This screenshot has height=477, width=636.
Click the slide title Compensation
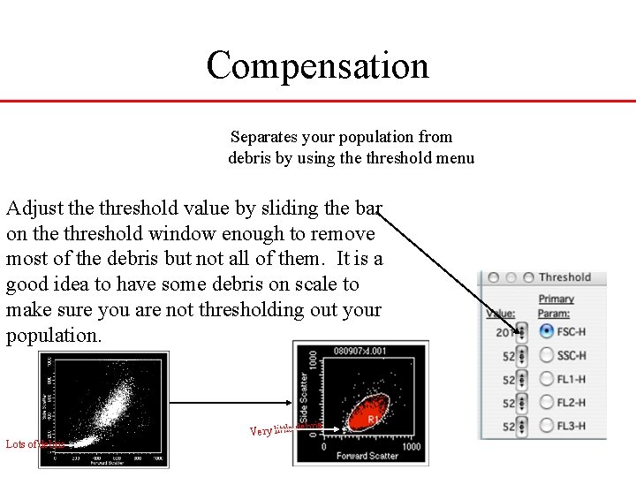click(x=317, y=65)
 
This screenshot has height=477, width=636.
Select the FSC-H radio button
click(x=547, y=332)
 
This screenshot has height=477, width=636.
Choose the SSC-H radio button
click(x=547, y=356)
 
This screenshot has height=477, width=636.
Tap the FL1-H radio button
click(x=547, y=380)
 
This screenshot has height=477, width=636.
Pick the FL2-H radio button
click(x=547, y=403)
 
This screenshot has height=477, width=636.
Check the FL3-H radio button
click(x=547, y=427)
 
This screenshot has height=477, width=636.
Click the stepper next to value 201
click(x=521, y=332)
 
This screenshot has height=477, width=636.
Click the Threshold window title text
click(x=564, y=277)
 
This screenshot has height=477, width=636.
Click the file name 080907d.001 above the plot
click(x=360, y=350)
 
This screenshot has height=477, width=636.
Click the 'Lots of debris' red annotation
click(x=34, y=444)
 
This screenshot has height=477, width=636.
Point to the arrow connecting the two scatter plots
click(x=230, y=402)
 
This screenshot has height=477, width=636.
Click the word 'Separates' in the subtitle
click(x=263, y=137)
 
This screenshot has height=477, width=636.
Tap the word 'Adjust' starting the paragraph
click(x=34, y=208)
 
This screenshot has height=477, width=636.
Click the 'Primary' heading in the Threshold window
click(x=556, y=299)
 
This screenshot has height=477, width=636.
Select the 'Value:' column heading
click(x=500, y=314)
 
